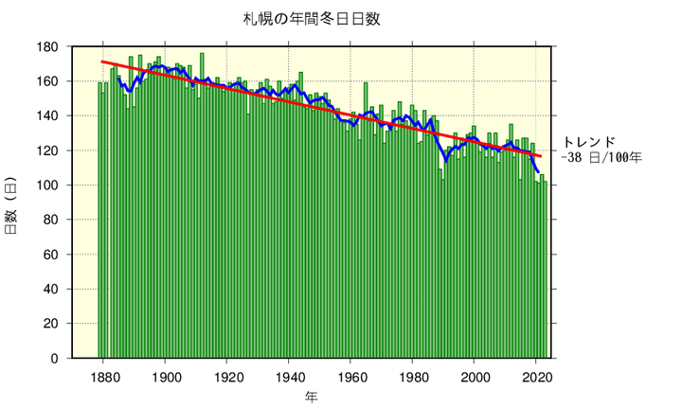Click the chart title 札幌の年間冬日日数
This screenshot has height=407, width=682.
pyautogui.click(x=312, y=18)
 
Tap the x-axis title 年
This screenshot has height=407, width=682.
pyautogui.click(x=312, y=396)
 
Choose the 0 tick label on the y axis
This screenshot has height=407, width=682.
pyautogui.click(x=55, y=359)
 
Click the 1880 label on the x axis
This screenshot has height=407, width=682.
pyautogui.click(x=103, y=375)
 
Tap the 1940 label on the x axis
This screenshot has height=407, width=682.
pyautogui.click(x=289, y=375)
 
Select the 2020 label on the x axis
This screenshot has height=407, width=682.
pyautogui.click(x=536, y=375)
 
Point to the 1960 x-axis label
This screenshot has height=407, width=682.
pyautogui.click(x=350, y=375)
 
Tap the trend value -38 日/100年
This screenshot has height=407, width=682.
pyautogui.click(x=601, y=158)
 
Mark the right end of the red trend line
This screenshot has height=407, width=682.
pyautogui.click(x=541, y=156)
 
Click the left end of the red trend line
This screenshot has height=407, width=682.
pyautogui.click(x=102, y=62)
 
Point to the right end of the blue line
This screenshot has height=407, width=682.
pyautogui.click(x=538, y=171)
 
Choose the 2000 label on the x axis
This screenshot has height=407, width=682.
pyautogui.click(x=474, y=375)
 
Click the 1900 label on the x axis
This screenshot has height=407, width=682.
pyautogui.click(x=166, y=375)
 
